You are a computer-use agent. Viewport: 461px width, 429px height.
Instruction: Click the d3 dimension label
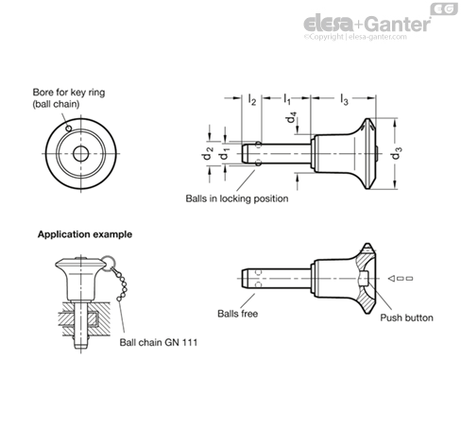[x=397, y=153]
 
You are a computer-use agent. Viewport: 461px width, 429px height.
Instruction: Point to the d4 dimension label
[x=291, y=117]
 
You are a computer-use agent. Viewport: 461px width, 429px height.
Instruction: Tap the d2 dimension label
[x=209, y=153]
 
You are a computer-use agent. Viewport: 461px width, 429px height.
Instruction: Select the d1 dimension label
[x=224, y=153]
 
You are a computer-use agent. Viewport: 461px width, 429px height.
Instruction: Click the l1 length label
[x=287, y=99]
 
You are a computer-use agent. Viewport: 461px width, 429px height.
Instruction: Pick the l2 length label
[x=252, y=99]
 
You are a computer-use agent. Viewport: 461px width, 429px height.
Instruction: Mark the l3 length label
[x=344, y=99]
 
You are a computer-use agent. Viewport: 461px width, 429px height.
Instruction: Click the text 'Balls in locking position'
[x=237, y=198]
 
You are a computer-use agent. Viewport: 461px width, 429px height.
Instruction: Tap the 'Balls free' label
[x=237, y=314]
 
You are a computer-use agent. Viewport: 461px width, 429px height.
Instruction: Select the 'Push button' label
[x=406, y=317]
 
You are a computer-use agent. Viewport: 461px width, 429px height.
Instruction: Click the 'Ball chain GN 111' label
[x=159, y=342]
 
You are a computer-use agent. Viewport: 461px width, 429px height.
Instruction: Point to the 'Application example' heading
[x=85, y=234]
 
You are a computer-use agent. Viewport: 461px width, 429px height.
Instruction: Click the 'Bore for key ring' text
[x=69, y=93]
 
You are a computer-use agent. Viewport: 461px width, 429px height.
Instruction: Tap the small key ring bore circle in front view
[x=68, y=129]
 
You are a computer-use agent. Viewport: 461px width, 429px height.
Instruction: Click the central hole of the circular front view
[x=80, y=154]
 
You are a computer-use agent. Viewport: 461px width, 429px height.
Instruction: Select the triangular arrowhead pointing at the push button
[x=391, y=279]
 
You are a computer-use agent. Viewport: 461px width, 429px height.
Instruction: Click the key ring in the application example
[x=108, y=262]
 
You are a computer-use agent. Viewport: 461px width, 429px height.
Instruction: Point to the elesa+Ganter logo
[x=367, y=24]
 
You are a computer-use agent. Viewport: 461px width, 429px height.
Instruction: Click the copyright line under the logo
[x=355, y=37]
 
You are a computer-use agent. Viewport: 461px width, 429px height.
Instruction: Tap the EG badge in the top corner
[x=444, y=9]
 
